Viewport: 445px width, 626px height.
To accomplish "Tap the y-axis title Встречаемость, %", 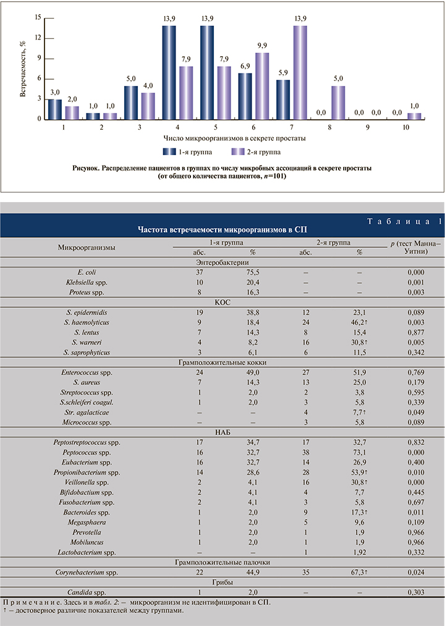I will tap(22, 68).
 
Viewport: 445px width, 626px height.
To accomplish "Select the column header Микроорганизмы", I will tap(87, 247).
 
